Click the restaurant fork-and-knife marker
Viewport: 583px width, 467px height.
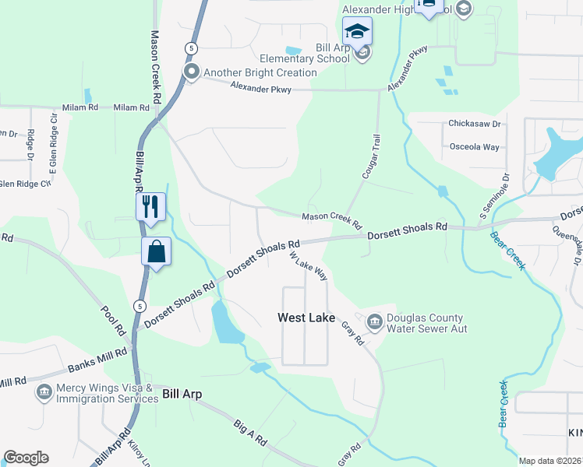point(150,207)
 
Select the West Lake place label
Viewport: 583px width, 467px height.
point(306,318)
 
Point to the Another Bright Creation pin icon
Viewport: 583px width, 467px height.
point(192,72)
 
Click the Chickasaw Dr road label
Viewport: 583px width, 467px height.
point(474,124)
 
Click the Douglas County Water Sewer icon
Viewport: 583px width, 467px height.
point(373,322)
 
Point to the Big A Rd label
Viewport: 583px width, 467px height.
point(249,434)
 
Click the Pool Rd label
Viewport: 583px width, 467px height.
point(113,320)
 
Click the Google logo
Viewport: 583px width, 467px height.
point(26,458)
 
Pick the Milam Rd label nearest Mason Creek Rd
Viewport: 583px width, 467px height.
point(132,107)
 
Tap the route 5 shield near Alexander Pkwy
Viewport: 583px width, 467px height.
point(189,48)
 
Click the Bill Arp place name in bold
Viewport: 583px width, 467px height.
point(182,395)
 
